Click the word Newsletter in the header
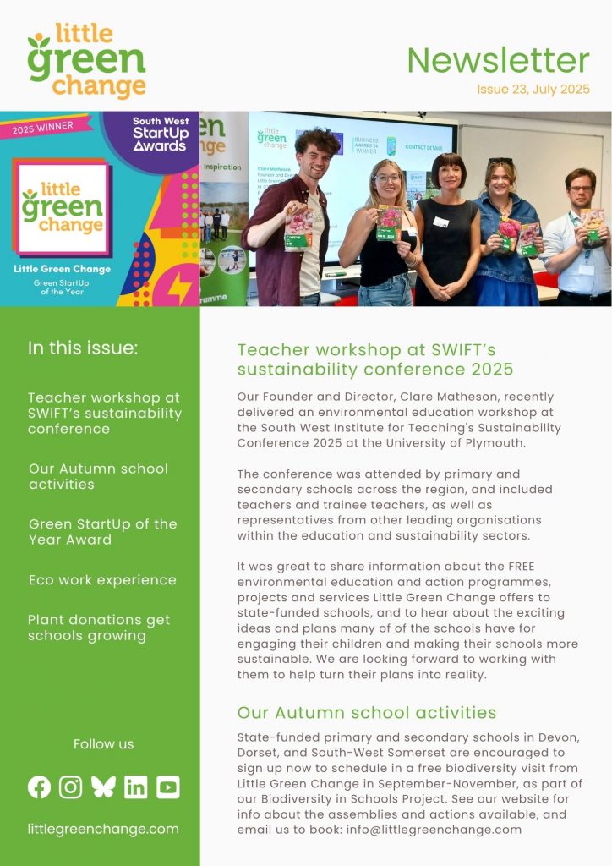498,61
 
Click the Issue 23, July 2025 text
533,89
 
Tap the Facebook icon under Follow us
39,787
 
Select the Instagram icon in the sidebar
71,787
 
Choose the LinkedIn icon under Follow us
135,787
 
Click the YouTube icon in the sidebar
168,787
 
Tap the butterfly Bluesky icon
103,787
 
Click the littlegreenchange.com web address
103,829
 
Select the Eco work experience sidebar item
102,580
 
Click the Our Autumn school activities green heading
367,712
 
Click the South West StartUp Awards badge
160,134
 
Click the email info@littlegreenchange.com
432,829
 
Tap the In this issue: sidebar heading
83,348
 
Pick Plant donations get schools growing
99,628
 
